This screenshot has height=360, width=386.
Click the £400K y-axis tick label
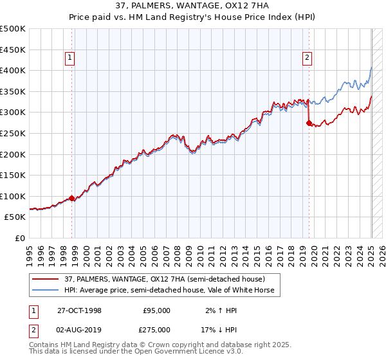pyautogui.click(x=13, y=70)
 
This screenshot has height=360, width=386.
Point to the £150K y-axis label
pyautogui.click(x=13, y=175)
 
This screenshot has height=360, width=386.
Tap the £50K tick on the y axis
pyautogui.click(x=15, y=217)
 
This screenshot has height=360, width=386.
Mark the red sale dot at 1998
pyautogui.click(x=72, y=198)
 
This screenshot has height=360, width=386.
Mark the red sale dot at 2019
pyautogui.click(x=309, y=122)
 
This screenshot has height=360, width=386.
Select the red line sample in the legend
pyautogui.click(x=44, y=278)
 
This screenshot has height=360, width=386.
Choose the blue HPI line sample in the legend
pyautogui.click(x=44, y=290)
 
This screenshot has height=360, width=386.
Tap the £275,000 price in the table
pyautogui.click(x=157, y=328)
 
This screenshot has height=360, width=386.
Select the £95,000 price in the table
pyautogui.click(x=157, y=310)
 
